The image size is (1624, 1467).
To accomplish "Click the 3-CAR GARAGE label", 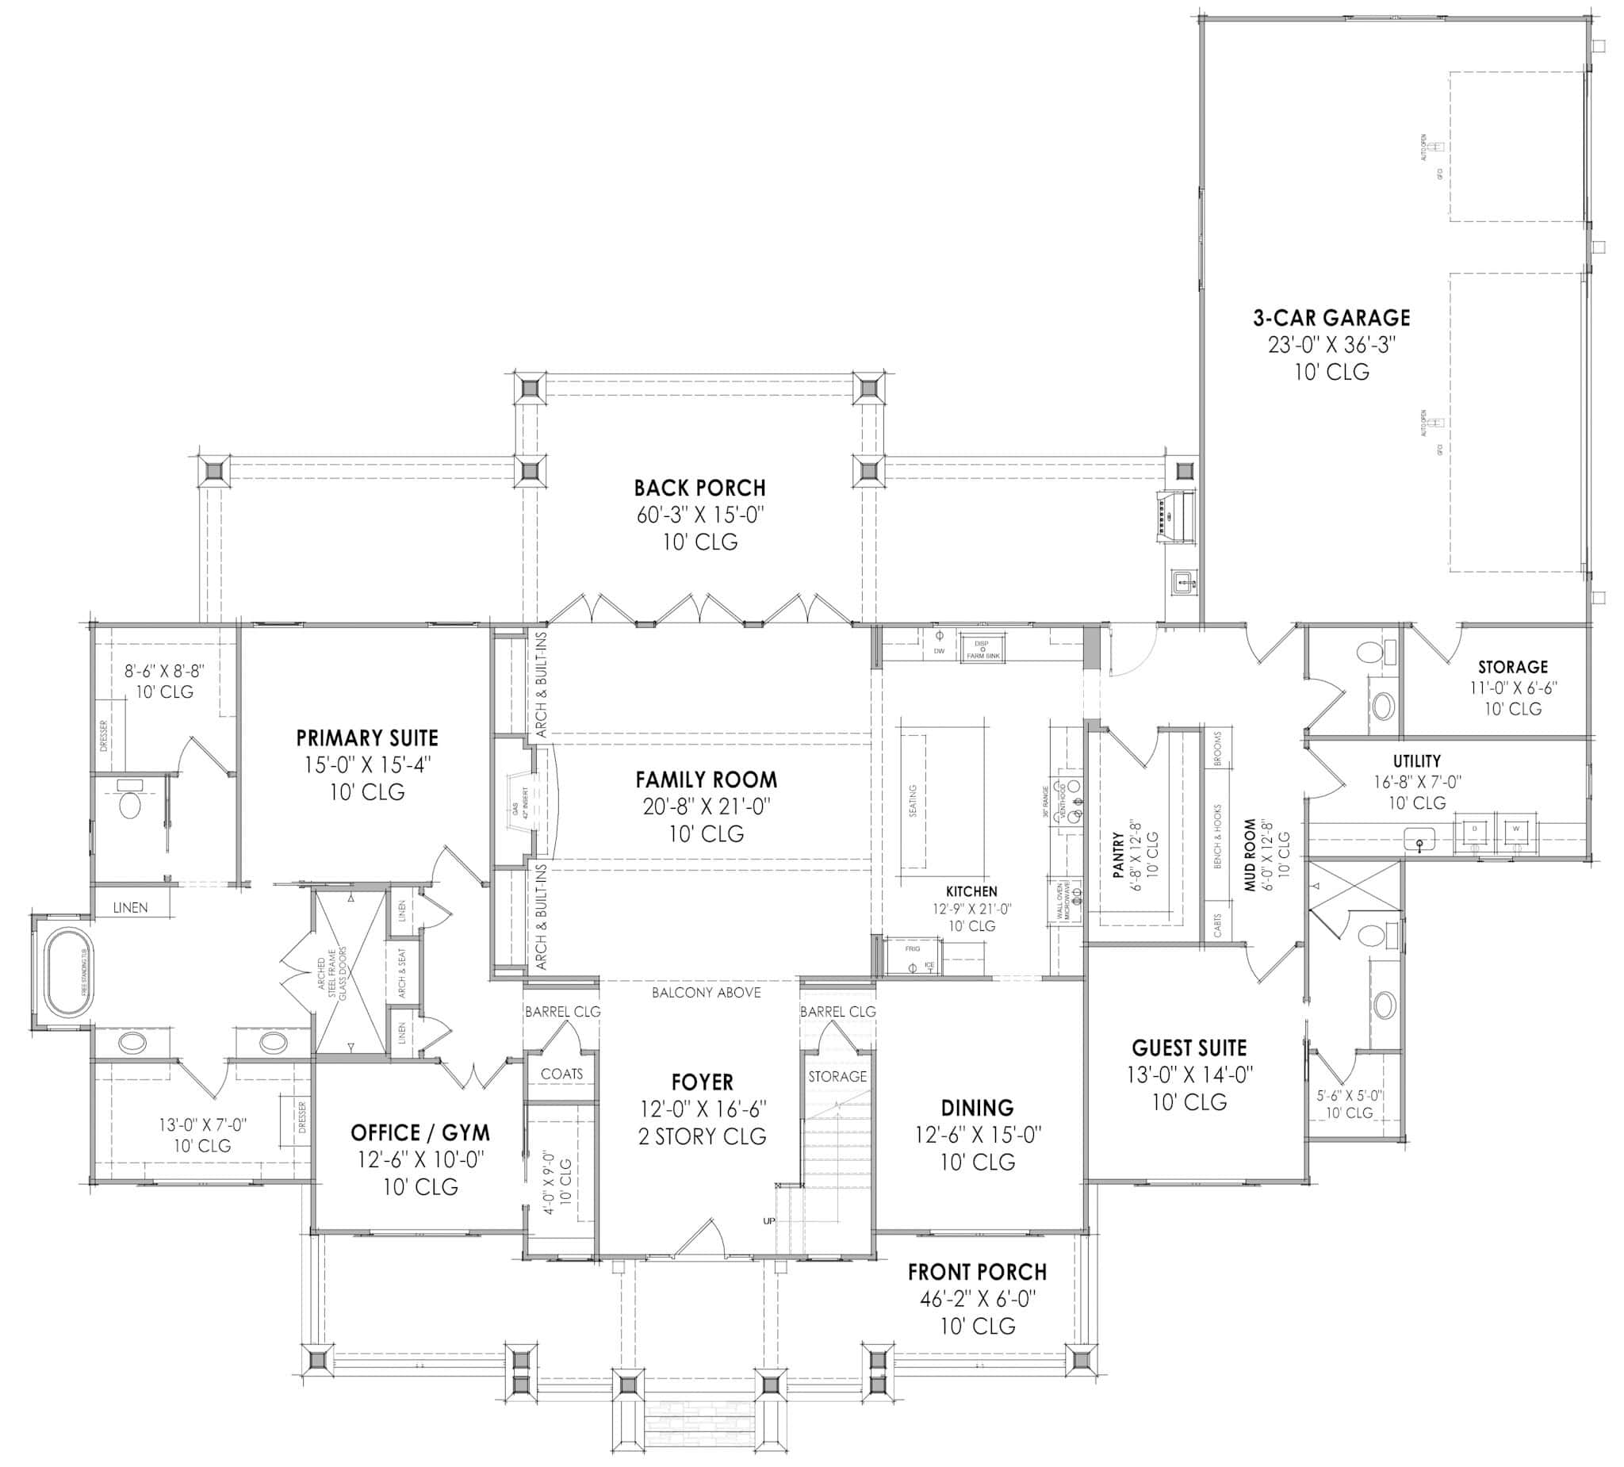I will pyautogui.click(x=1331, y=317).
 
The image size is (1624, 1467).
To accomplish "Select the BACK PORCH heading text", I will pyautogui.click(x=699, y=488).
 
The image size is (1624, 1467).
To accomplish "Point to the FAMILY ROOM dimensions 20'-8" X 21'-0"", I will pyautogui.click(x=706, y=806).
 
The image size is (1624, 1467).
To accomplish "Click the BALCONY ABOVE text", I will pyautogui.click(x=706, y=993).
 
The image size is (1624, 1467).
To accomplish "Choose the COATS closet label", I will pyautogui.click(x=561, y=1074).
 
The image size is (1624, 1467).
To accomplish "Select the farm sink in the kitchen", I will pyautogui.click(x=982, y=649).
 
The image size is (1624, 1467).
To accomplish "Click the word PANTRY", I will pyautogui.click(x=1117, y=856).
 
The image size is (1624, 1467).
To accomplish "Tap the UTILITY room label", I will pyautogui.click(x=1417, y=760).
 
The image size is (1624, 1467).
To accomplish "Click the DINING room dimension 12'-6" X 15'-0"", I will pyautogui.click(x=977, y=1135).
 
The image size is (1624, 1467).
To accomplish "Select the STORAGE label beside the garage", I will pyautogui.click(x=1513, y=667).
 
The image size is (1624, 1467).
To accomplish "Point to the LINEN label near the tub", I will pyautogui.click(x=131, y=908).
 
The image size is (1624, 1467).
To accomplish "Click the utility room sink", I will pyautogui.click(x=1419, y=841).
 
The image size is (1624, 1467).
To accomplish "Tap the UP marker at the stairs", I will pyautogui.click(x=768, y=1221).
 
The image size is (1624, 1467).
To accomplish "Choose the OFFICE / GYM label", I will pyautogui.click(x=419, y=1133).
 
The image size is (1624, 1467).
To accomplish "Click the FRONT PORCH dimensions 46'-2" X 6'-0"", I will pyautogui.click(x=977, y=1299).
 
